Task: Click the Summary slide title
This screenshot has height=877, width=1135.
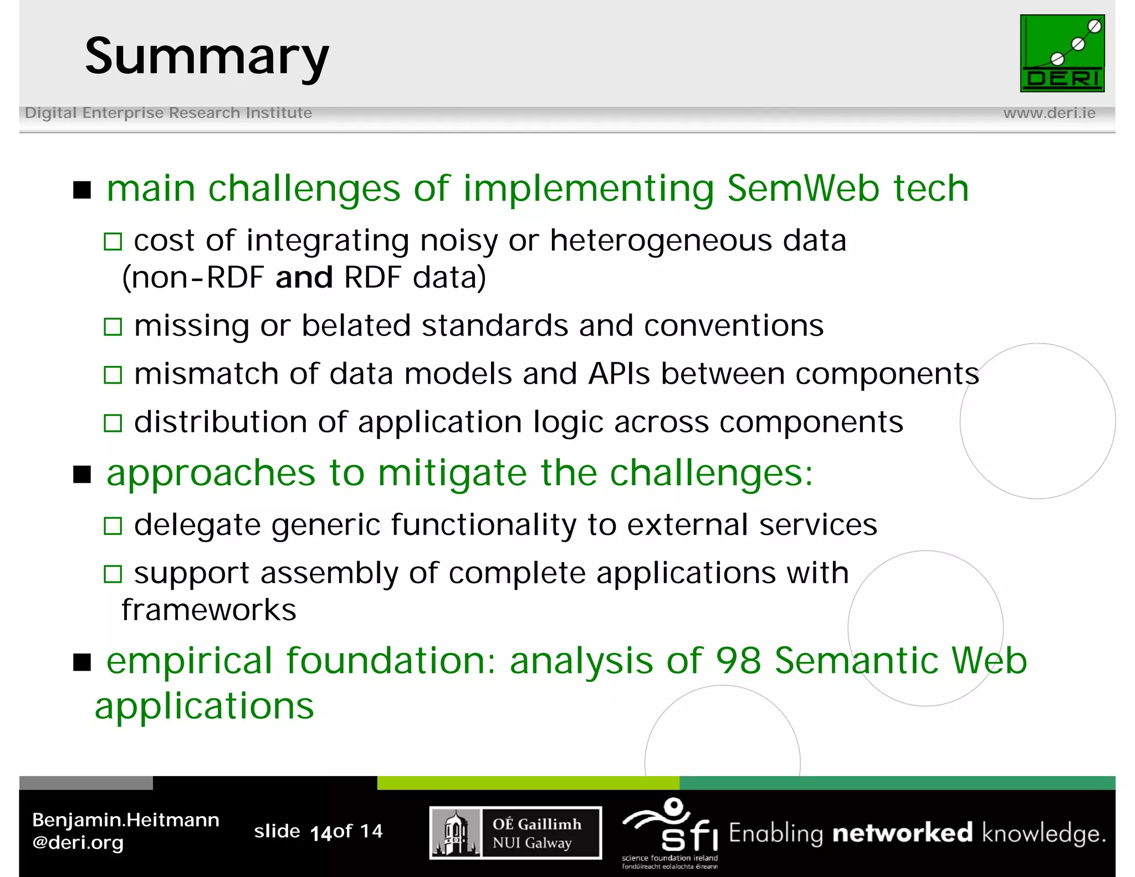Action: (207, 56)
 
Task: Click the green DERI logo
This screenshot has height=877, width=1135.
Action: (1062, 53)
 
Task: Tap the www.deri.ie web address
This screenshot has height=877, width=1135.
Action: (1049, 113)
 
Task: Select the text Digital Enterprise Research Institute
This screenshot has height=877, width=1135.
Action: (168, 113)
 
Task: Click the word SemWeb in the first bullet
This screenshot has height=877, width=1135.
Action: (803, 188)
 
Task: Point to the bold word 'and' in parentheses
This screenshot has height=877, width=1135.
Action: (304, 277)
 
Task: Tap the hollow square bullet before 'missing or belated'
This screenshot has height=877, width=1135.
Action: (113, 327)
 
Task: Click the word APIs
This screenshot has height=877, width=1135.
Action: (618, 374)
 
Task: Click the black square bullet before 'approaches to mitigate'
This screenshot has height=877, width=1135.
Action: (82, 475)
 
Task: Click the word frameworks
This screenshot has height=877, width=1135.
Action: (209, 610)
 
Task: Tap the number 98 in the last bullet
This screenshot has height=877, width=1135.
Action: (738, 661)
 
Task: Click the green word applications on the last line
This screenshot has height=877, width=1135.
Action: (204, 706)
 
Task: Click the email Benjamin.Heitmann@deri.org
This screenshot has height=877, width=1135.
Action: (126, 831)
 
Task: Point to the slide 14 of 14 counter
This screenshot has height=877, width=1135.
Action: (318, 832)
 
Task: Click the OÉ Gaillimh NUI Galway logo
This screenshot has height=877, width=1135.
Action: (515, 833)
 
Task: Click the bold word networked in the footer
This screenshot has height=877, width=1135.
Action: (902, 833)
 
